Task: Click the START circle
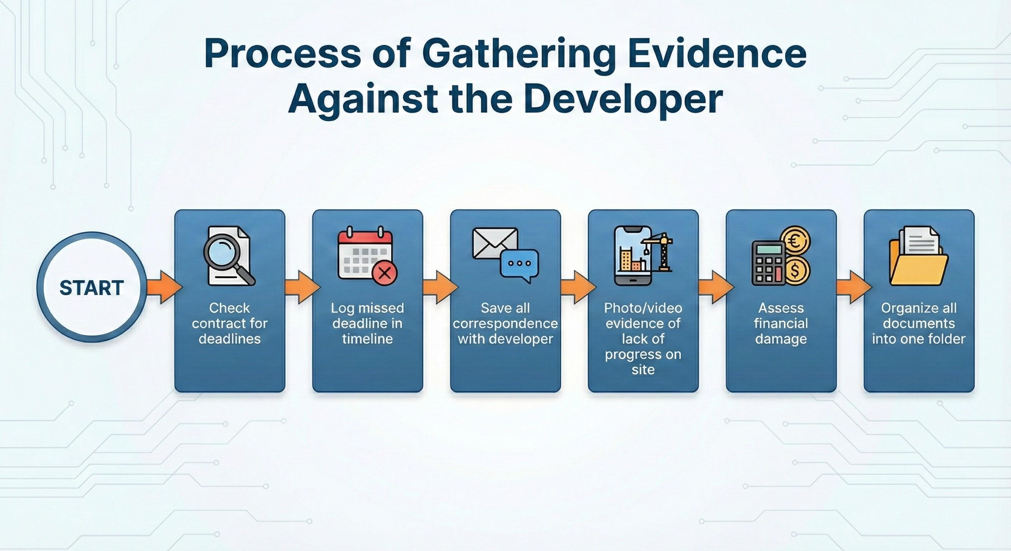[x=92, y=287]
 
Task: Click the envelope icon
[x=495, y=244]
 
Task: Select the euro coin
[x=796, y=240]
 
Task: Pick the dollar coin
[x=796, y=270]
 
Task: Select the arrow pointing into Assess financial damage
[x=716, y=287]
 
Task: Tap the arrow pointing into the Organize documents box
[x=854, y=287]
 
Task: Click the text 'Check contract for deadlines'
[x=230, y=323]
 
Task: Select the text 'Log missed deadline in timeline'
[x=367, y=323]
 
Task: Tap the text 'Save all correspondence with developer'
[x=505, y=323]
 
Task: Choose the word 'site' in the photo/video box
[x=643, y=369]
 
